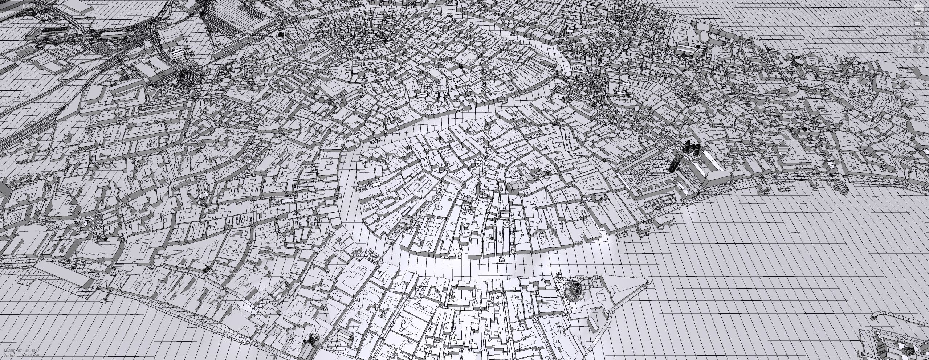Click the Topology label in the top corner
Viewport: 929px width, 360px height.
click(33, 6)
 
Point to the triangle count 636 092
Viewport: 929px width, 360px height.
click(31, 351)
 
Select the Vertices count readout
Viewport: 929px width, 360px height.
click(22, 356)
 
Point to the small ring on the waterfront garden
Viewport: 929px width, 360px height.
click(658, 209)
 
